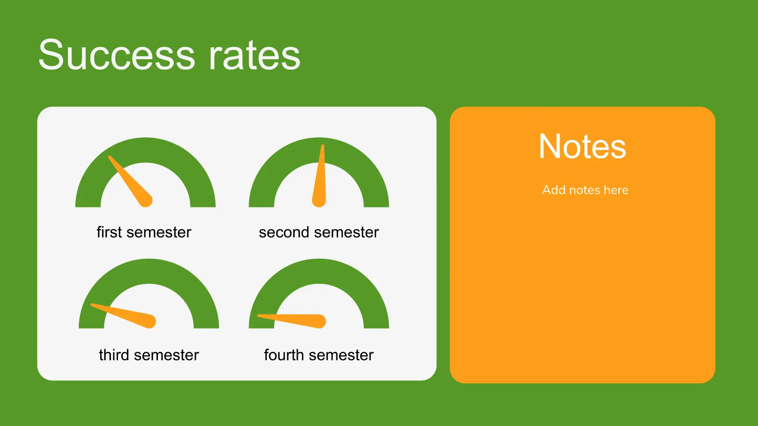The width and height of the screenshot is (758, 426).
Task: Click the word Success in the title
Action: point(117,55)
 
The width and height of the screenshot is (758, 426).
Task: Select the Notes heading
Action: point(582,146)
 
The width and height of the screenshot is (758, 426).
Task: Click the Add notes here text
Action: point(585,190)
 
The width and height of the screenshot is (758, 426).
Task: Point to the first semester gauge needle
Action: point(130,181)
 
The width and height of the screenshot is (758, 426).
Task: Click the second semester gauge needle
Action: point(320,176)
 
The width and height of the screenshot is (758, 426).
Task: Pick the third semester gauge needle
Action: point(123,316)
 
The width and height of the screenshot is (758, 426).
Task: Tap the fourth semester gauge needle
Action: point(291,321)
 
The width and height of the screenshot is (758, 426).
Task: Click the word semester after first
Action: point(159,232)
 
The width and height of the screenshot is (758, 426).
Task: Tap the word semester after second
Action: point(346,232)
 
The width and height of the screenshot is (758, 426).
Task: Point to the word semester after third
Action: point(166,355)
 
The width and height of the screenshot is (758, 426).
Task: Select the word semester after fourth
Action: point(341,355)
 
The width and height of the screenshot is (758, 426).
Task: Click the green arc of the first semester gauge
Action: point(145,150)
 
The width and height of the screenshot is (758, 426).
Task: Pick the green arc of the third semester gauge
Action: point(149,271)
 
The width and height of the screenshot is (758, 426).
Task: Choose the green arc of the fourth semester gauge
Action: point(319,271)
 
